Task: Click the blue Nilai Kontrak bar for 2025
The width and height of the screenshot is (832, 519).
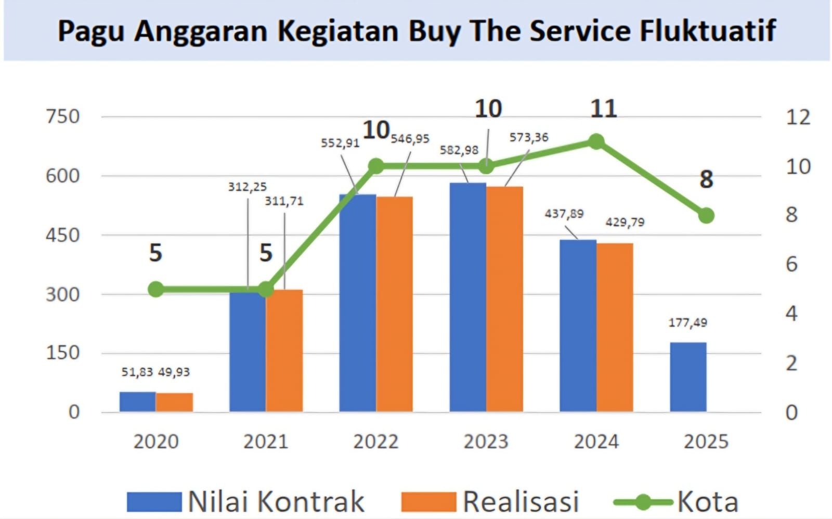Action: click(x=687, y=377)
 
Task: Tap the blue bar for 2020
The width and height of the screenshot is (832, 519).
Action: click(x=137, y=401)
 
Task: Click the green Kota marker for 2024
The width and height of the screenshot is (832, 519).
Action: click(x=596, y=141)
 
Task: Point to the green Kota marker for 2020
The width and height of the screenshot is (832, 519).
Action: click(x=155, y=290)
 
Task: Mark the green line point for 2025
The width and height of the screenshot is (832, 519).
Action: click(x=706, y=215)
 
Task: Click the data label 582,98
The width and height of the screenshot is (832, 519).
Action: click(x=459, y=150)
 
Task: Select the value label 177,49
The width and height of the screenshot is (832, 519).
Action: click(x=687, y=323)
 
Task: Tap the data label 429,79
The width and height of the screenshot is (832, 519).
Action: click(x=625, y=223)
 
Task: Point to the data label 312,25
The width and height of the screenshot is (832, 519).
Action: click(x=247, y=187)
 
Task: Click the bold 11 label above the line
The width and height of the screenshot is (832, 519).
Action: click(x=603, y=109)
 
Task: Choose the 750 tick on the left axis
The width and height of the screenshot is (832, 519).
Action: click(x=63, y=116)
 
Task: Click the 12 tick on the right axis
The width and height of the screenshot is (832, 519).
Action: click(x=797, y=117)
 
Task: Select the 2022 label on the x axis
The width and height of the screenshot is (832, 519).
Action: click(x=375, y=442)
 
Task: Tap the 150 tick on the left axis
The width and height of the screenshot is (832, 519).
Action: click(x=63, y=353)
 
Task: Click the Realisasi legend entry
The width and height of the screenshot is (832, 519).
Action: click(x=520, y=501)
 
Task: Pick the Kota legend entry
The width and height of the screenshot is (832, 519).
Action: click(x=707, y=501)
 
